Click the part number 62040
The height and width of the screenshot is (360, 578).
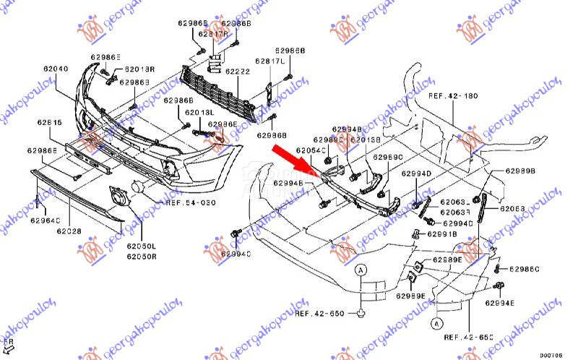coord(55,69)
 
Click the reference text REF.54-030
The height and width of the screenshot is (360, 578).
coord(191,203)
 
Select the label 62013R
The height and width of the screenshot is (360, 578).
coord(139,69)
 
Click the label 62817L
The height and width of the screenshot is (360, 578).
coord(268,61)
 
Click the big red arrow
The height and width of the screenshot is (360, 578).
coord(297,160)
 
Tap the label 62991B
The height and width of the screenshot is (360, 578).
coord(442,234)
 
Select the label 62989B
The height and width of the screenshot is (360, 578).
coord(521,171)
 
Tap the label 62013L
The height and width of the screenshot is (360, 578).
coord(199,113)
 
